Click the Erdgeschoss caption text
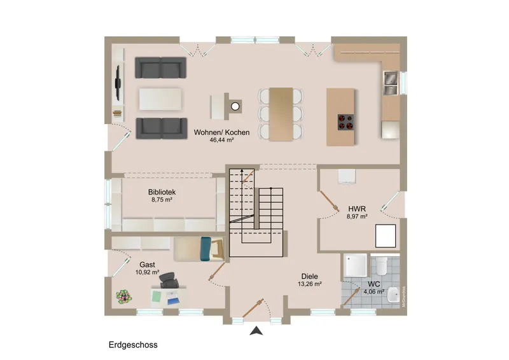click(133, 345)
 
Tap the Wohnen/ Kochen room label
click(221, 132)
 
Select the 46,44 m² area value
click(221, 140)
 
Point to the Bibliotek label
click(162, 192)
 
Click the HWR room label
click(357, 209)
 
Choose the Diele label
click(310, 277)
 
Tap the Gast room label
click(147, 265)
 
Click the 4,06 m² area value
click(374, 292)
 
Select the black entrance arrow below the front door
click(256, 331)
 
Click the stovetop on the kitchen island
click(345, 122)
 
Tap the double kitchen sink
click(391, 83)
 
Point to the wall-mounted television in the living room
click(118, 83)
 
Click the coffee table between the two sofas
click(160, 99)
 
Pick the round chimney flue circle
click(235, 106)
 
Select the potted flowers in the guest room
click(123, 296)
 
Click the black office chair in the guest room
click(169, 280)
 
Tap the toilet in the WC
click(382, 265)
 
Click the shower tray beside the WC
click(356, 265)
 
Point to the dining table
click(281, 114)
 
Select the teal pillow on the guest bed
click(206, 249)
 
